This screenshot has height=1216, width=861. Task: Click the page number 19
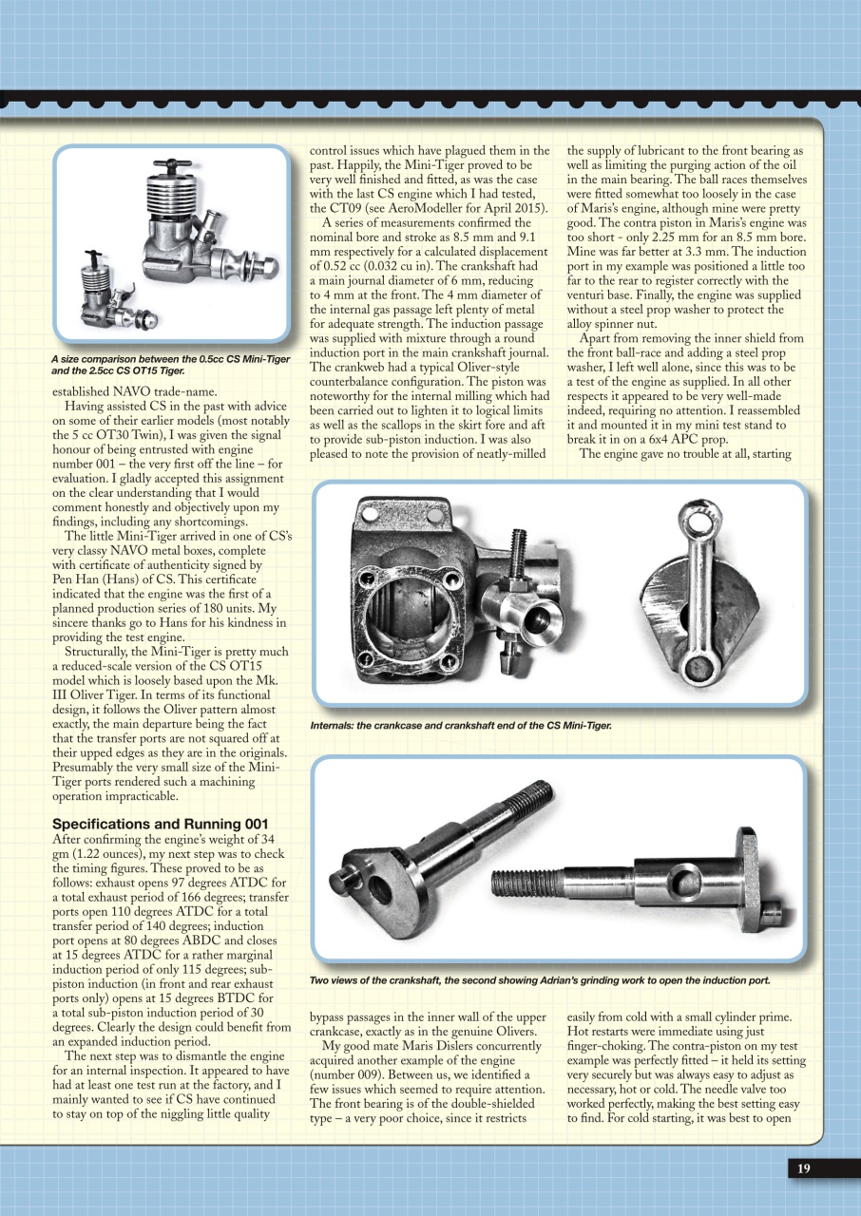pyautogui.click(x=803, y=1169)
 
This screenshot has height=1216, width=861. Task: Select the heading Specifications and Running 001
pyautogui.click(x=161, y=823)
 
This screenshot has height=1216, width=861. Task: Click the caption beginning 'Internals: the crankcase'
pyautogui.click(x=461, y=726)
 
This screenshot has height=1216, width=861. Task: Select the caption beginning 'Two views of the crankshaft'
pyautogui.click(x=539, y=979)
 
